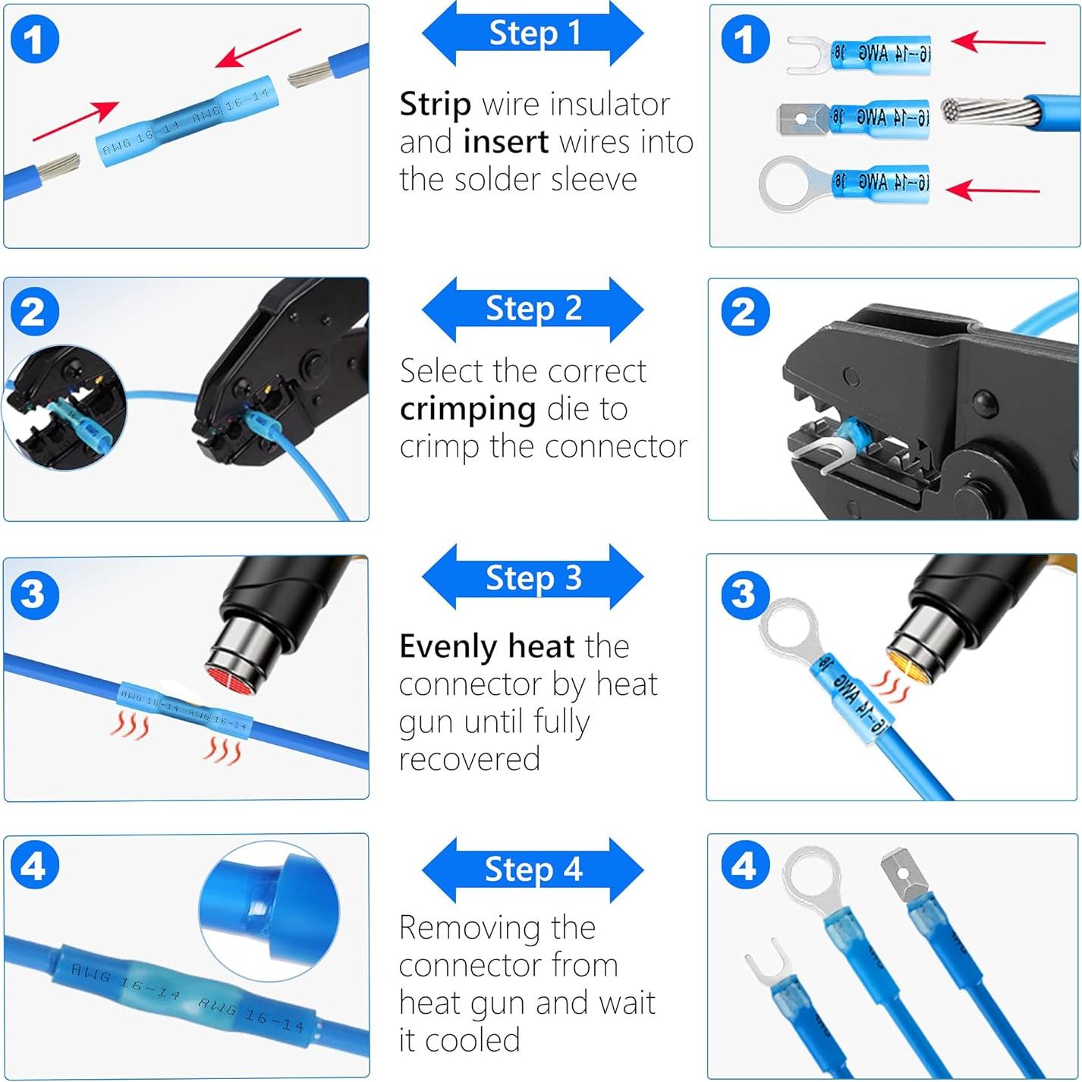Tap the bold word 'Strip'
pos(435,104)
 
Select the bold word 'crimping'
pos(467,409)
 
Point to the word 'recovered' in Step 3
pos(469,759)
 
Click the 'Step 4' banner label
pos(533,870)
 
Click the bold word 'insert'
pos(505,142)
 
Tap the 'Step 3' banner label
pos(533,578)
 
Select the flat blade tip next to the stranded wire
pos(800,119)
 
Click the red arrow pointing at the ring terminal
pos(992,189)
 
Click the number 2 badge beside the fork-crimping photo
pos(743,312)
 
